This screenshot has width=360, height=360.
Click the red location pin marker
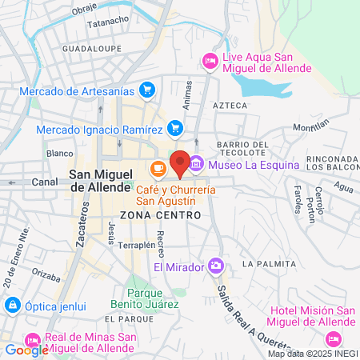[x=180, y=163]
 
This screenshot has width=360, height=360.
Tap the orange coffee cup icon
[x=158, y=168]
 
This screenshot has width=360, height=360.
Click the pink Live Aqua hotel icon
[x=210, y=59]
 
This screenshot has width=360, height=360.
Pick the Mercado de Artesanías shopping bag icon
[x=146, y=90]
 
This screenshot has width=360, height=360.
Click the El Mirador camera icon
[x=215, y=266]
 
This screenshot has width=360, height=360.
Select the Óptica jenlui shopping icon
[x=13, y=305]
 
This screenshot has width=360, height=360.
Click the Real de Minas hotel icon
[x=33, y=339]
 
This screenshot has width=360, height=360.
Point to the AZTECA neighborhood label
[x=230, y=105]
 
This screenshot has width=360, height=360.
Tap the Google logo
[x=26, y=350]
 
